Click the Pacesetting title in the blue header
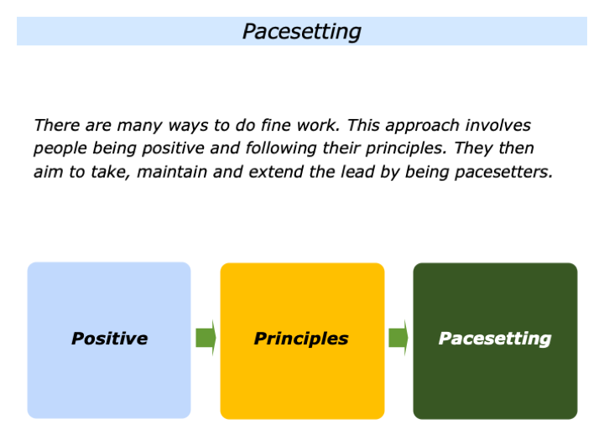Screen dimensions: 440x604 click(301, 31)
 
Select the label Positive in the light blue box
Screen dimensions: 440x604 click(109, 339)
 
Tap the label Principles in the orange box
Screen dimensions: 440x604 click(301, 339)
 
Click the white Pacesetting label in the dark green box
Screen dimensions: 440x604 click(495, 339)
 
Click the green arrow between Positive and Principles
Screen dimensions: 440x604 click(206, 338)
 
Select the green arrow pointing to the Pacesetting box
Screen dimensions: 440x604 click(398, 338)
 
